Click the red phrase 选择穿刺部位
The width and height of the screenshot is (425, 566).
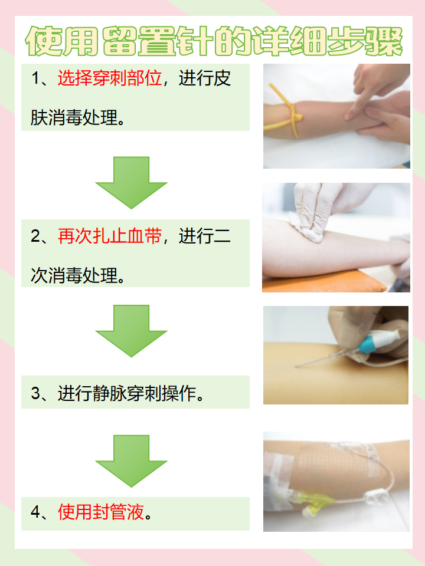(x=110, y=78)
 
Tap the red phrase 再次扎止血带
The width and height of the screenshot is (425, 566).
(x=110, y=236)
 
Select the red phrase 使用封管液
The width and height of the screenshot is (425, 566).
(x=101, y=512)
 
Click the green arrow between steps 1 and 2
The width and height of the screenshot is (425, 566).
(x=131, y=183)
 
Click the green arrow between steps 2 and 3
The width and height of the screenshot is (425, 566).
(x=131, y=330)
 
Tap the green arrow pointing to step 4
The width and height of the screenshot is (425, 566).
(x=131, y=460)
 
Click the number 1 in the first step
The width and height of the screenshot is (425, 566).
(x=35, y=79)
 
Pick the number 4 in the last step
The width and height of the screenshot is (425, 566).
(x=35, y=512)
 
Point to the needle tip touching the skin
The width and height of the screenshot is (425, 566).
(x=297, y=367)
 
